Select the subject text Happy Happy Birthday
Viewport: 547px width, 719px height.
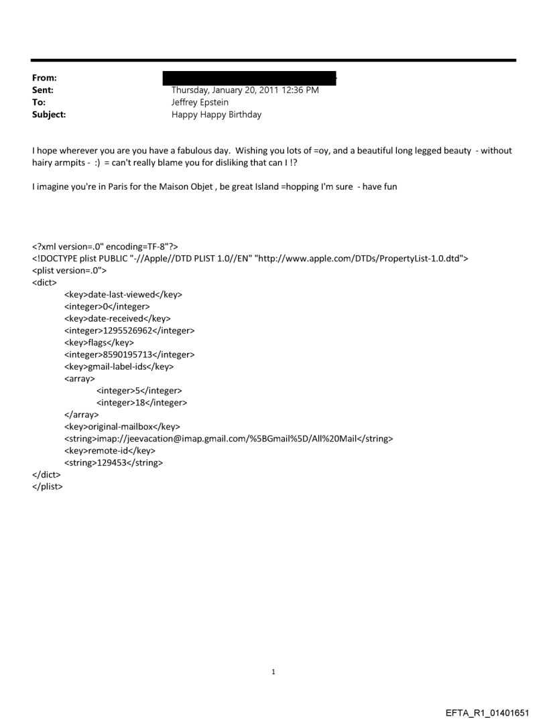tap(217, 115)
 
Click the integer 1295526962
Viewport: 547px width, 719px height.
tap(145, 330)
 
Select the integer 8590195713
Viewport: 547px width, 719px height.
tap(145, 354)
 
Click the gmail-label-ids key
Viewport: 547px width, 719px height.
tap(120, 367)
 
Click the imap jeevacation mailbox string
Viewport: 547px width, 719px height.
tap(229, 439)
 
